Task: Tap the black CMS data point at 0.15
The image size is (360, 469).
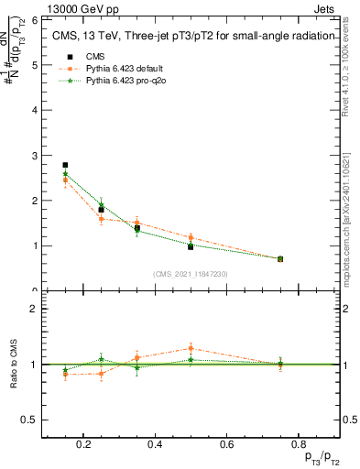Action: point(65,165)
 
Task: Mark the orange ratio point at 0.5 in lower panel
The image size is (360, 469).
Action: point(191,348)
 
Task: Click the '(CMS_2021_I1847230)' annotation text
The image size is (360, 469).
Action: point(191,274)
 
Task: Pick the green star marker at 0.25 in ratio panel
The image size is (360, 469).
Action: point(101,359)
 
